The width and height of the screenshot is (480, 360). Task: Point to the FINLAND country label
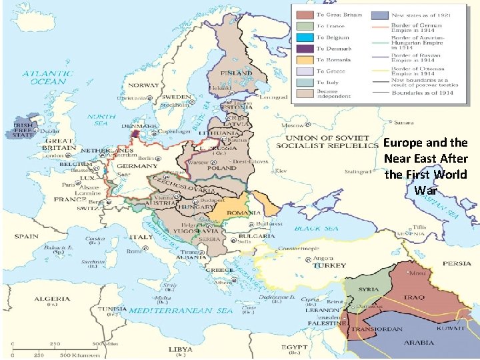(240, 73)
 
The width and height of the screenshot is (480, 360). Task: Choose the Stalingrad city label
(357, 171)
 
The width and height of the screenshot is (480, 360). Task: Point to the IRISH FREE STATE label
(19, 130)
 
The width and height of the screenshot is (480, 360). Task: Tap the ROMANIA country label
(242, 212)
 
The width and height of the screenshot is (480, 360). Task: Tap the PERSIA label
(457, 263)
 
